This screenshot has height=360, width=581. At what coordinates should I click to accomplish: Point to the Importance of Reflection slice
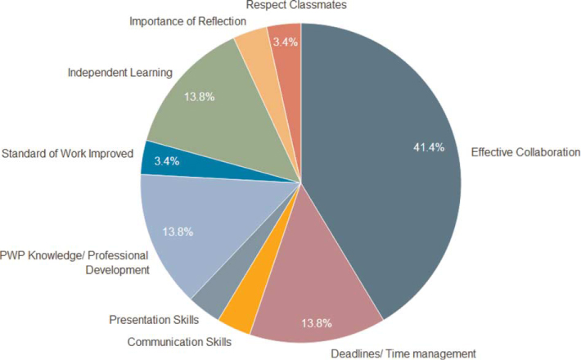click(x=259, y=45)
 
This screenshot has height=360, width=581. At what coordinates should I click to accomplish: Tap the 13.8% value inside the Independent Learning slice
click(x=200, y=97)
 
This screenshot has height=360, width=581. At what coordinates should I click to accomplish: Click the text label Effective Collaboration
click(x=525, y=151)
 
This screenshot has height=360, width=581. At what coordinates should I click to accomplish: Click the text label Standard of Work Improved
click(x=67, y=153)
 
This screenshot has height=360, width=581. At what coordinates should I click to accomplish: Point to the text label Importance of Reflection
click(x=187, y=20)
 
